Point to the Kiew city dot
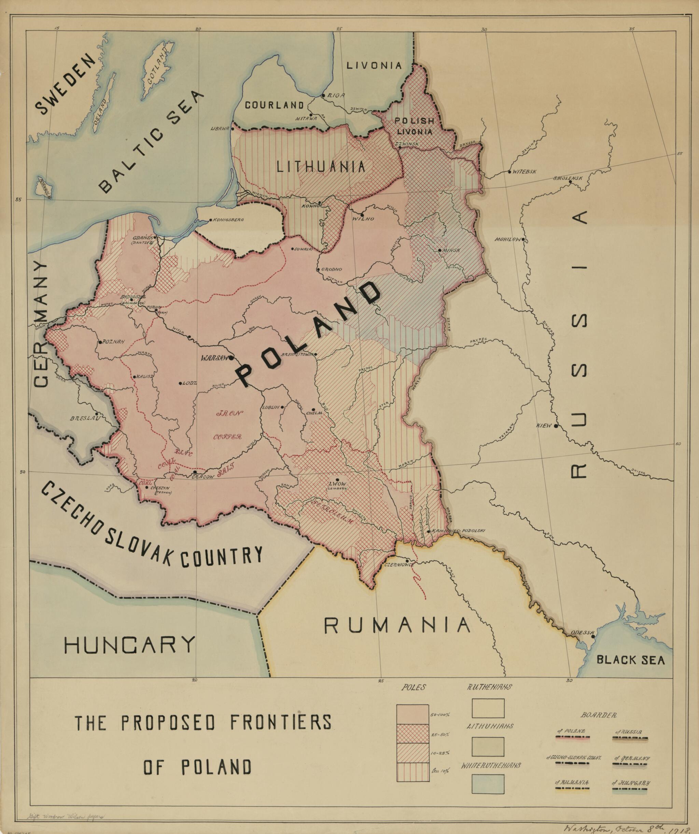(x=556, y=426)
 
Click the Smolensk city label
(x=568, y=178)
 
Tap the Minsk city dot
(x=439, y=250)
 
